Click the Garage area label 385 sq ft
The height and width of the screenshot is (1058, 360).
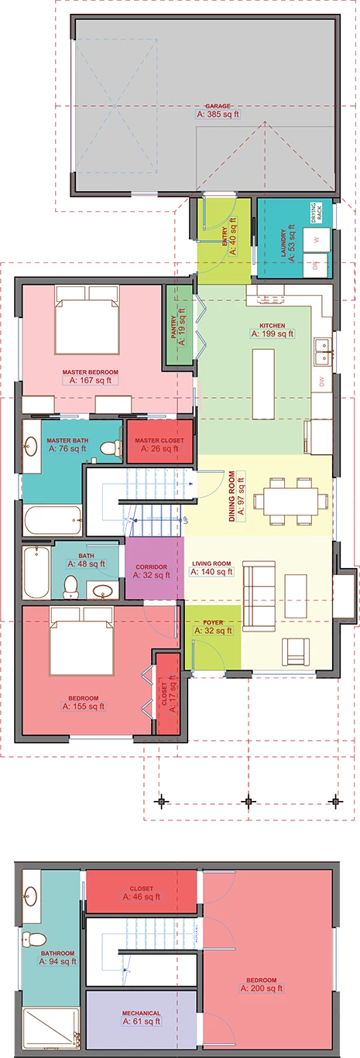[219, 114]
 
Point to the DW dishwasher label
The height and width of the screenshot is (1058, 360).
[321, 381]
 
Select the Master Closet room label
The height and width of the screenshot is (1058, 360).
[159, 440]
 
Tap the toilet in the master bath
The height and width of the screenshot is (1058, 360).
[115, 447]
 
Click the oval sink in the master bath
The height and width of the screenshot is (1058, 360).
[31, 447]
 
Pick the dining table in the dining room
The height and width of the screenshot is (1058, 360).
[290, 495]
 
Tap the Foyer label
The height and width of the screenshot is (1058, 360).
[213, 621]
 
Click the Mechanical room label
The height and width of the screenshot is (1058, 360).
[141, 1013]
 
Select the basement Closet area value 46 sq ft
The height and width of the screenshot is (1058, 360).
[141, 896]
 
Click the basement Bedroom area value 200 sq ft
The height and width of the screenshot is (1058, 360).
[262, 988]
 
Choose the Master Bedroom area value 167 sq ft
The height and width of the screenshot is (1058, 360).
[91, 380]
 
